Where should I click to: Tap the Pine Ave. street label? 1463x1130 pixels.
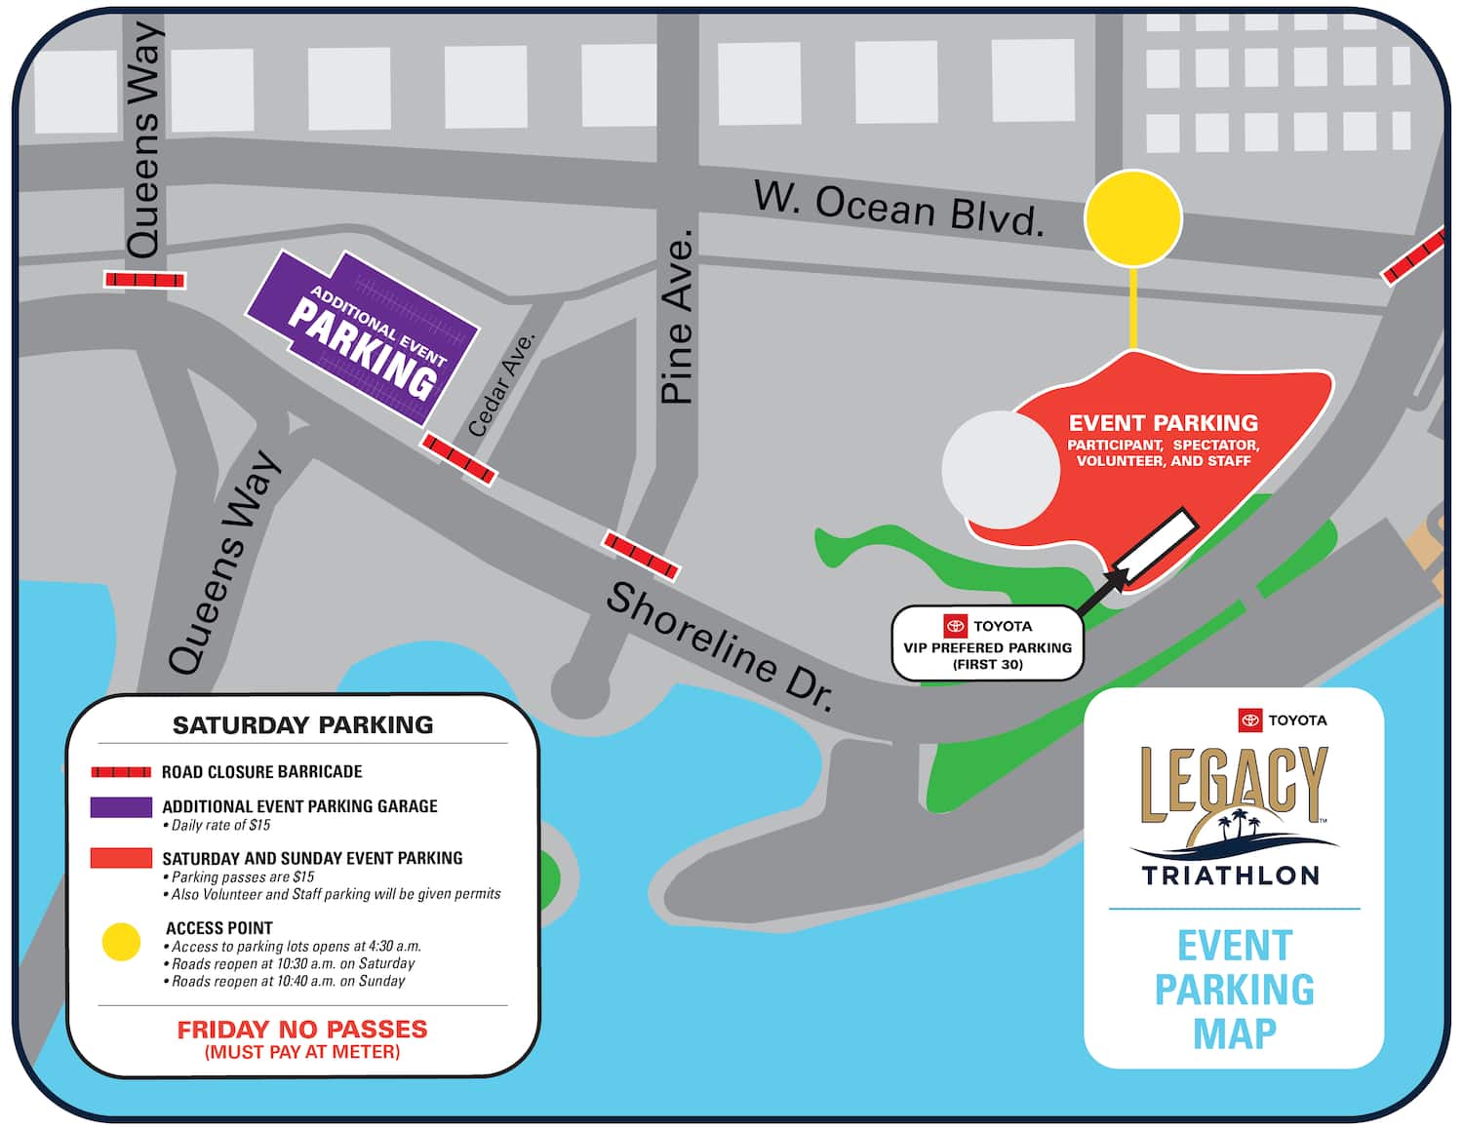tap(677, 317)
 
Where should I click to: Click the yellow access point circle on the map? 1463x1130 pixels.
tap(1133, 218)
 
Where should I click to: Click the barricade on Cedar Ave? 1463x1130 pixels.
tap(459, 459)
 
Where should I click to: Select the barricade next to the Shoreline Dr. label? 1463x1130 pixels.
tap(641, 555)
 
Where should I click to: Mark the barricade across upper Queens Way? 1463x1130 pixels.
tap(144, 280)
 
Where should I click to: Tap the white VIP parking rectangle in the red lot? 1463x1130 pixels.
tap(1156, 549)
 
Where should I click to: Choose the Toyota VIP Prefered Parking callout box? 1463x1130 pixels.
tap(987, 643)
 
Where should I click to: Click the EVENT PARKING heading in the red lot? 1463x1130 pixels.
tap(1163, 423)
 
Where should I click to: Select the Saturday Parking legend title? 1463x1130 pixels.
tap(302, 725)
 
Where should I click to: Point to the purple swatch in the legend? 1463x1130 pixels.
tap(121, 807)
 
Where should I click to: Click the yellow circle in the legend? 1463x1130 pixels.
tap(121, 942)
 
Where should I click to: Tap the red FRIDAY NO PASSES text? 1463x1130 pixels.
tap(302, 1030)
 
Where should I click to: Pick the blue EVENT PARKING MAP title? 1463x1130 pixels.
tap(1234, 989)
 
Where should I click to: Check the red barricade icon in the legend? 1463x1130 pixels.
tap(121, 772)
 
